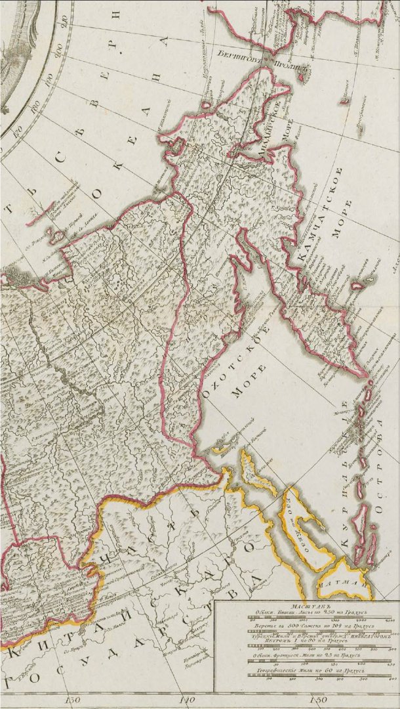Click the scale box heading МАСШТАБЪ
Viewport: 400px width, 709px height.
[x=306, y=606]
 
